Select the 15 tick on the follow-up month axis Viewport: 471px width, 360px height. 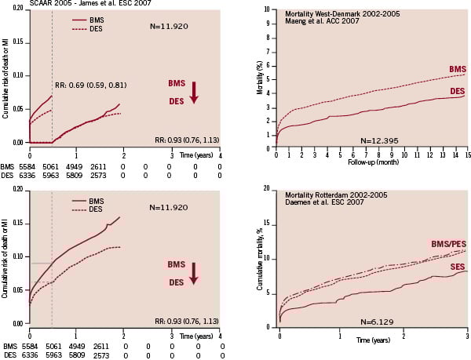(467, 156)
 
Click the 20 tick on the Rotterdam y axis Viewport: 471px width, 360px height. (267, 190)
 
